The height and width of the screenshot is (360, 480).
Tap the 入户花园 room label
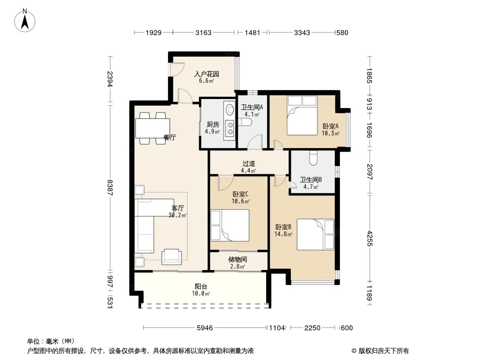[207, 74]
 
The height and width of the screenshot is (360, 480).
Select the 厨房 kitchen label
[213, 125]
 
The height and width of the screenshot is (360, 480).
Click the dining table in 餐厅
[153, 128]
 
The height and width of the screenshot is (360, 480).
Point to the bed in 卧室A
[302, 116]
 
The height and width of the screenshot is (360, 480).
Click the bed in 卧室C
[230, 225]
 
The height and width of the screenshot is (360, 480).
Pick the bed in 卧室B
[315, 234]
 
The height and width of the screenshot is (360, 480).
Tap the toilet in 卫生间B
[313, 158]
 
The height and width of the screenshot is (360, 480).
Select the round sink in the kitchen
[229, 108]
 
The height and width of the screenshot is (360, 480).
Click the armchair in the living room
[172, 256]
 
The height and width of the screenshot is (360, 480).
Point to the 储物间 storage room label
[238, 260]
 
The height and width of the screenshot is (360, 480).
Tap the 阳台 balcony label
[201, 287]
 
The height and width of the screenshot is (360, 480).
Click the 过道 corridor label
[249, 164]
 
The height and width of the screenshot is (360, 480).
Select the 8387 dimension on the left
[110, 188]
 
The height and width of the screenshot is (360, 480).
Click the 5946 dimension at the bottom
[205, 328]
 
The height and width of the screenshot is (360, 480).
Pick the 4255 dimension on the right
[370, 238]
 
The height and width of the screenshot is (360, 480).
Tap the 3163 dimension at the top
[204, 33]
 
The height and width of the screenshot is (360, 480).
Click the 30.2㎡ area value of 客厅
[177, 216]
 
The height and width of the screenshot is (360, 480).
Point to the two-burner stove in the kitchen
[229, 128]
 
